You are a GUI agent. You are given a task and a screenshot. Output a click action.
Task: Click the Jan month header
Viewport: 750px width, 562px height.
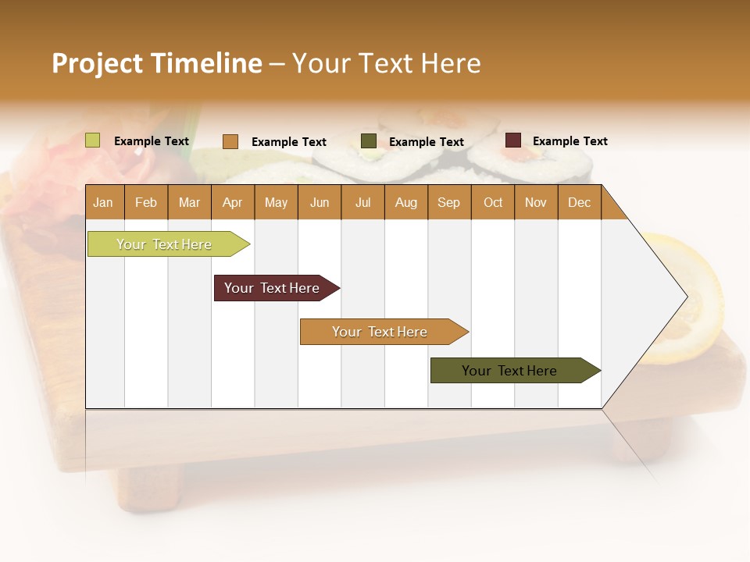tap(104, 202)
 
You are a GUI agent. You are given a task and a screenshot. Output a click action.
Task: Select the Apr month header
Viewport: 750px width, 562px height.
tap(233, 202)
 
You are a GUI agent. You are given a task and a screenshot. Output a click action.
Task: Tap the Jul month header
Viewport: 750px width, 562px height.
tap(363, 202)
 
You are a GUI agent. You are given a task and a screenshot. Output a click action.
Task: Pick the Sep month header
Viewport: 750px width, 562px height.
tap(449, 202)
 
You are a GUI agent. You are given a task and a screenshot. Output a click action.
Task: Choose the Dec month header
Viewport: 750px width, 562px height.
tap(580, 202)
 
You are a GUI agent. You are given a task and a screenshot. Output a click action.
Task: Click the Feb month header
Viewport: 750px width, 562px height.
tap(146, 202)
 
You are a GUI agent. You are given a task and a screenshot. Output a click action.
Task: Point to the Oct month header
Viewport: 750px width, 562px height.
tap(493, 202)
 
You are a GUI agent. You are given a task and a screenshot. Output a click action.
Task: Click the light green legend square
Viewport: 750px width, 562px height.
tap(93, 140)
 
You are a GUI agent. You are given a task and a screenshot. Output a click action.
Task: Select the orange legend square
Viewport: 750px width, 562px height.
tap(230, 141)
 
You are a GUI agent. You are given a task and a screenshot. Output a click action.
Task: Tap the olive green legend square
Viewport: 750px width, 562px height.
tap(369, 141)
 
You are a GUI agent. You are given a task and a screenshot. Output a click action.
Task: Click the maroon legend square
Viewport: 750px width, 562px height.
tap(513, 140)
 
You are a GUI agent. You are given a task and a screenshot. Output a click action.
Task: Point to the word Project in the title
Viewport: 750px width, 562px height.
tap(97, 63)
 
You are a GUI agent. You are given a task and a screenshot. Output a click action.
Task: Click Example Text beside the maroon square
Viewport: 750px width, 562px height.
tap(570, 141)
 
